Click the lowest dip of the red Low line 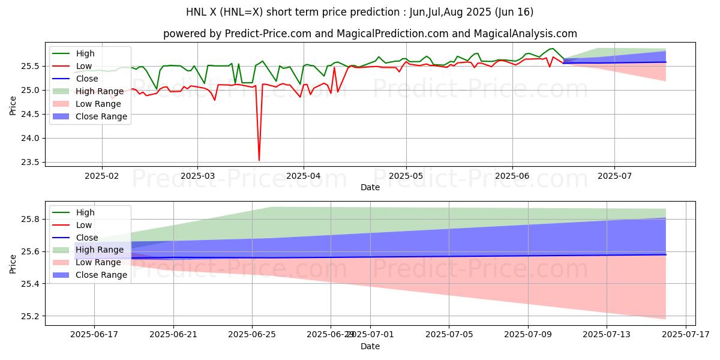click(x=259, y=160)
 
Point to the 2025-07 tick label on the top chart click(x=614, y=176)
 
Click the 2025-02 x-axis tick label click(x=101, y=176)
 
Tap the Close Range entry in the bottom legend click(x=101, y=275)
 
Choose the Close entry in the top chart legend click(x=87, y=79)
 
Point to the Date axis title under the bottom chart click(x=370, y=346)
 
